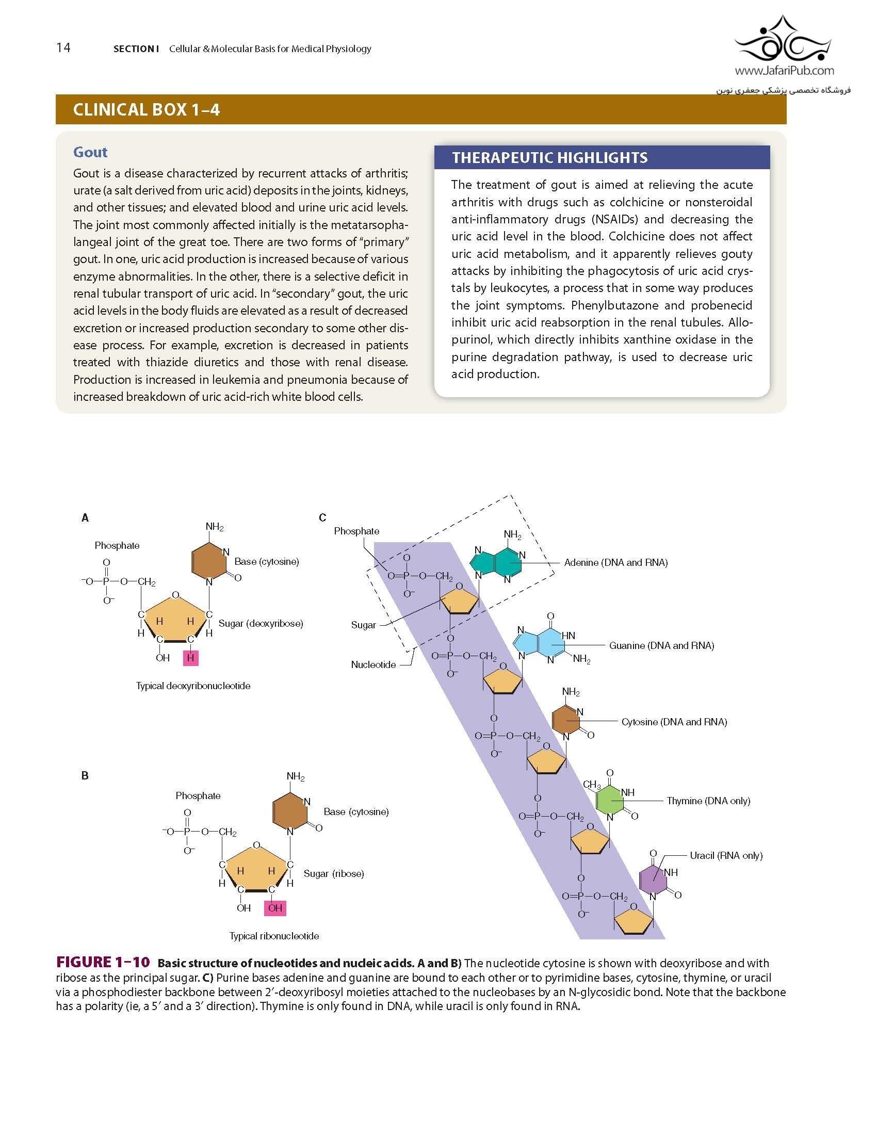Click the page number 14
pos(63,48)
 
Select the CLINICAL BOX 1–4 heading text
pos(147,110)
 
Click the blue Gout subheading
pos(90,152)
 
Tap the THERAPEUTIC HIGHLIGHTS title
pos(549,158)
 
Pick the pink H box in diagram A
pos(190,658)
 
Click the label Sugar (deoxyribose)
pos(261,623)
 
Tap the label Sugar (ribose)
pos(334,873)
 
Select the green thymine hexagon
pos(610,800)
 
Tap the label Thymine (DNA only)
pos(708,801)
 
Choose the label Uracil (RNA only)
pos(726,855)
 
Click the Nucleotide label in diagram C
pos(373,664)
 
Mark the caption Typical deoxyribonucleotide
pos(193,686)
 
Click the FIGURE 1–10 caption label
pos(103,962)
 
